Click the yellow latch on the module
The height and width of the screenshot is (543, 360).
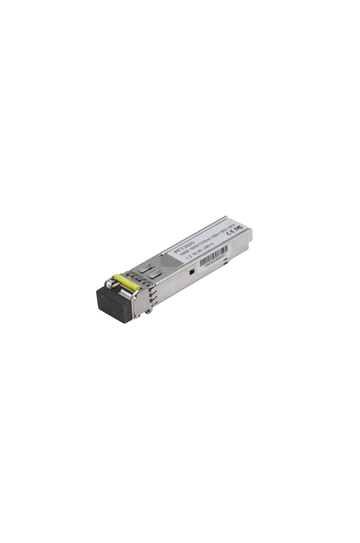126,281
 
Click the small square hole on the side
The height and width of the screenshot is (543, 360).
191,272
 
